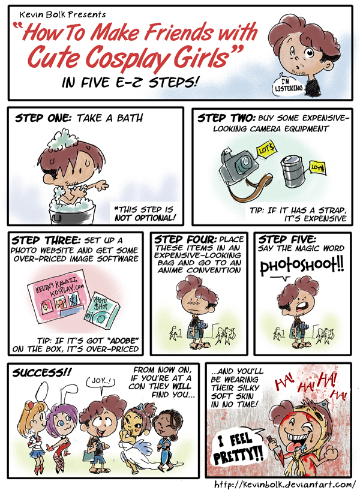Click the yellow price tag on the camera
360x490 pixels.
[266, 150]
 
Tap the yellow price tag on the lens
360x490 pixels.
[317, 168]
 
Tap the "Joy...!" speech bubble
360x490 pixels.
[101, 383]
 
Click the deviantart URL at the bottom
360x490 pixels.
[284, 484]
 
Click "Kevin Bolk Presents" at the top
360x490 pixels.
[62, 14]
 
